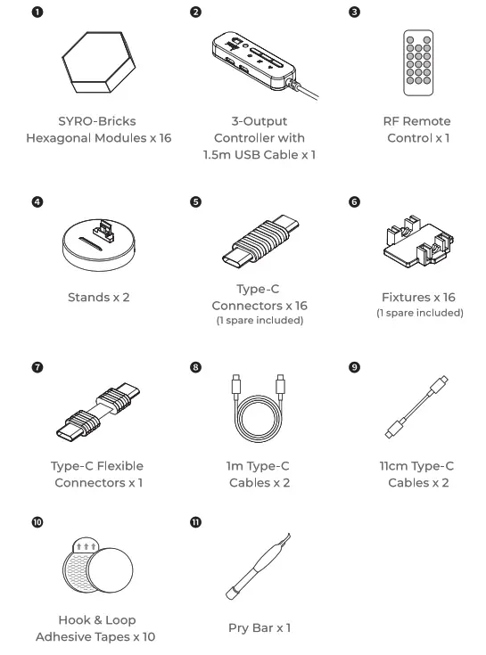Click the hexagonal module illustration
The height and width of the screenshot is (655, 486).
[98, 64]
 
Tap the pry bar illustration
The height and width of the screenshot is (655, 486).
[258, 575]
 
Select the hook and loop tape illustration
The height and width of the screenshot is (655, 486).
[98, 570]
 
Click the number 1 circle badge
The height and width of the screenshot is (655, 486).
[36, 12]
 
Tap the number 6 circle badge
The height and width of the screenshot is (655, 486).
[355, 202]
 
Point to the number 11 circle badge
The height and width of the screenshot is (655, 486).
[196, 522]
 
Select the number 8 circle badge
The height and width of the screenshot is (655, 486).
[195, 367]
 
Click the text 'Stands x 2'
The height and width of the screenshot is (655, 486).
[98, 297]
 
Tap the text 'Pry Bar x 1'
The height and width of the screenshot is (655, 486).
[259, 628]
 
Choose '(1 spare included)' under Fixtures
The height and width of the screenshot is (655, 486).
[419, 313]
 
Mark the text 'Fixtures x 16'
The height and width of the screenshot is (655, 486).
[419, 297]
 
